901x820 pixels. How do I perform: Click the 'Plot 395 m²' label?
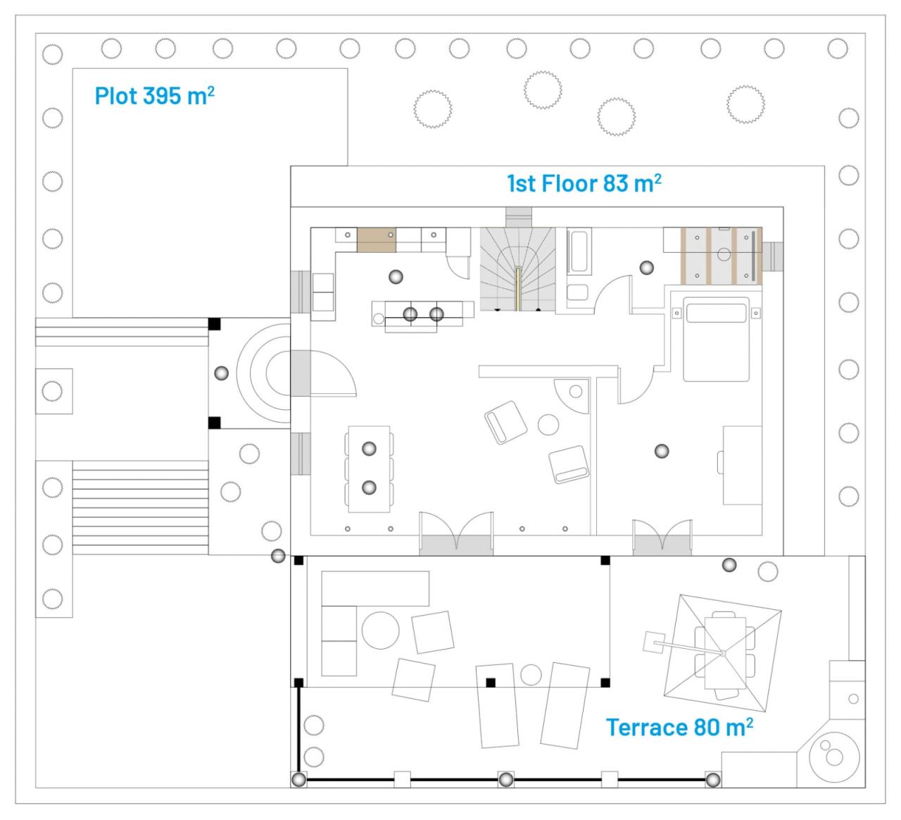(155, 96)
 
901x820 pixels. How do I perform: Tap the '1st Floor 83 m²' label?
(584, 183)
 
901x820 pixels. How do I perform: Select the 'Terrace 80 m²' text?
(679, 727)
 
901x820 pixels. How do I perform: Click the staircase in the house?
(518, 269)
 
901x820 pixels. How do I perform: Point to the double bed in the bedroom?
(716, 339)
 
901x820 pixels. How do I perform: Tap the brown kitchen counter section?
(377, 240)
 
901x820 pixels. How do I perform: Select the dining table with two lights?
(369, 468)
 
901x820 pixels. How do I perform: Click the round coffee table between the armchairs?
(548, 424)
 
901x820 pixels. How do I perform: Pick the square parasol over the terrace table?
(722, 653)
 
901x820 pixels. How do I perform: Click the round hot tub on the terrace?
(834, 757)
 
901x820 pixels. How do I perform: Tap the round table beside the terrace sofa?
(380, 630)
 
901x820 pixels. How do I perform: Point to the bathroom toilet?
(578, 292)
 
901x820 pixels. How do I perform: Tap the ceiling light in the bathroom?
(646, 268)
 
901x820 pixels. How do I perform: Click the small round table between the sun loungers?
(531, 675)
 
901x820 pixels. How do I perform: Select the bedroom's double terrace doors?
(662, 538)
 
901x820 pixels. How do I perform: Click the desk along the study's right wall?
(742, 465)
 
